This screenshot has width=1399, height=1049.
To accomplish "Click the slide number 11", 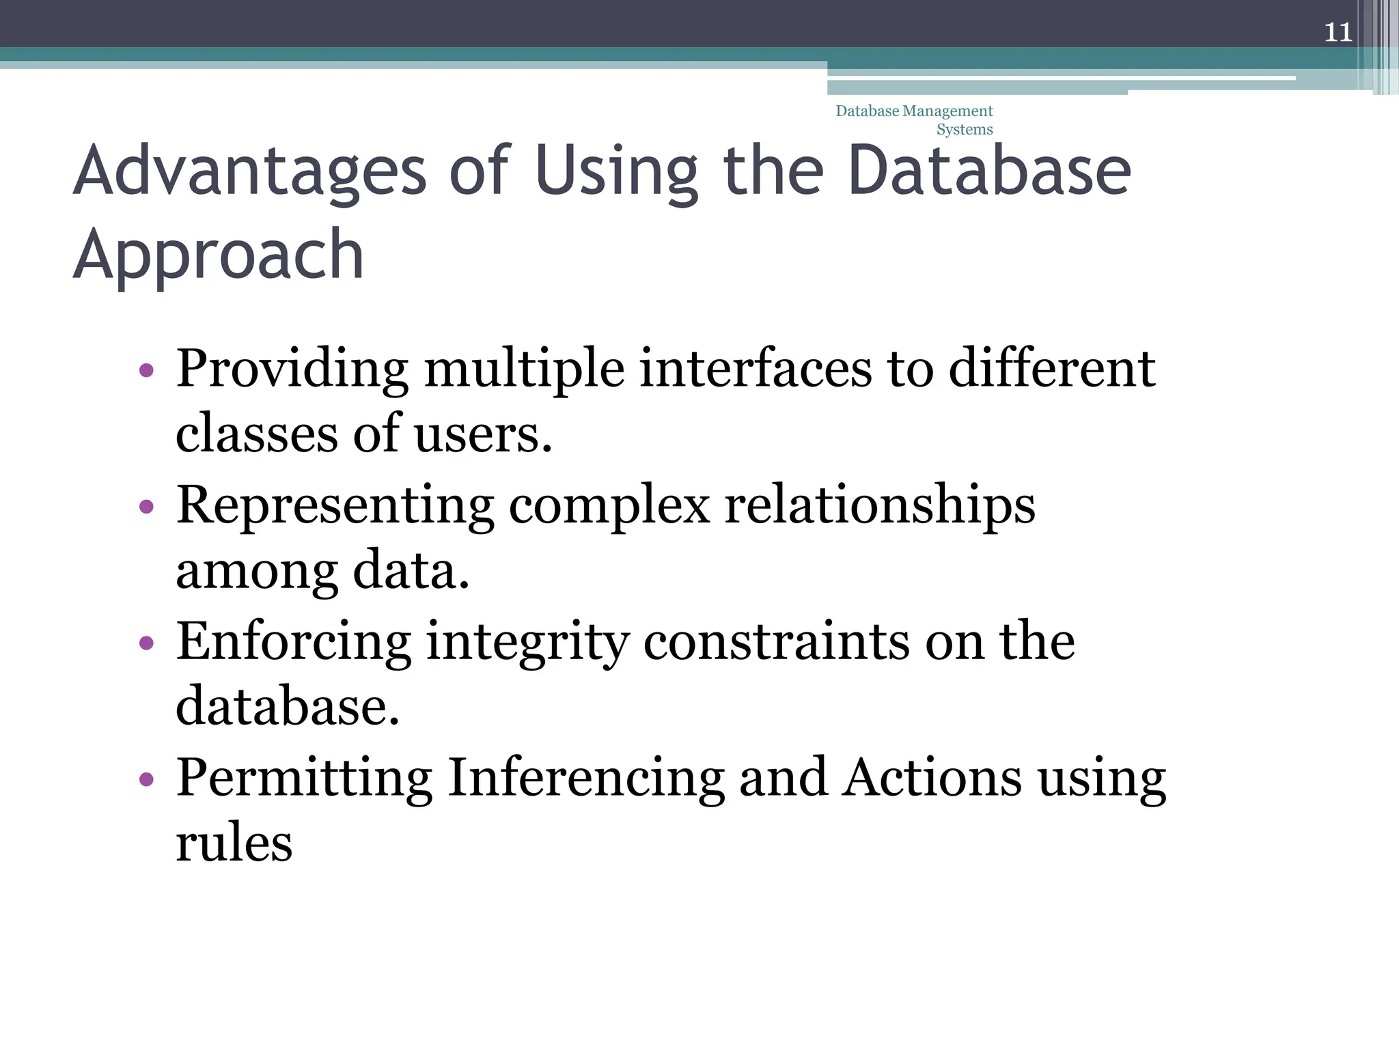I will coord(1338,32).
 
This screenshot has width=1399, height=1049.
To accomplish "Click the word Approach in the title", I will coord(218,255).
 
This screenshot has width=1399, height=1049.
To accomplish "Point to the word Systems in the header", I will coord(964,130).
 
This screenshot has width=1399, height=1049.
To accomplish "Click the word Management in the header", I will coord(947,111).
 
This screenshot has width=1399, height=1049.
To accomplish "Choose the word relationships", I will coord(879,506).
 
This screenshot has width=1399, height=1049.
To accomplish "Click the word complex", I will coord(609,506).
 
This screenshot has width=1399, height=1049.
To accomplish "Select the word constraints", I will coord(777,642).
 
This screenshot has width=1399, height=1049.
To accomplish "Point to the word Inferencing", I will coord(585,778).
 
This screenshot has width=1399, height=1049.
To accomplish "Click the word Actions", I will coord(931,778).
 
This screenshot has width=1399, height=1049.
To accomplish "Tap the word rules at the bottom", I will coord(234,843).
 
